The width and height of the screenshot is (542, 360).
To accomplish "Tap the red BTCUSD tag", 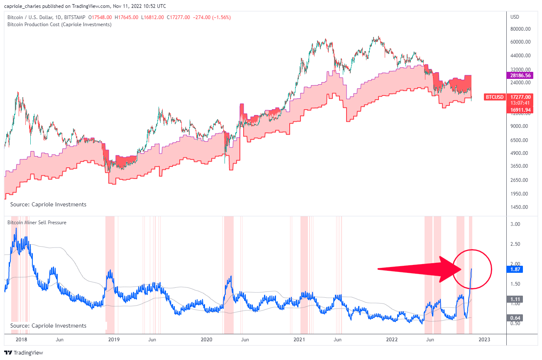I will tap(495, 97).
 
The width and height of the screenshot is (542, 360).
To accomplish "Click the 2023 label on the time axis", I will tap(484, 339).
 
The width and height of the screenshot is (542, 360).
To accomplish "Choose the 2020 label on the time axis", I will tap(206, 339).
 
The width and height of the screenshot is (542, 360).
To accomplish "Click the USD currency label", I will tap(515, 17).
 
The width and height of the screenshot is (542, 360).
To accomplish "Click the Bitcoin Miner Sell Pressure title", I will tap(37, 223).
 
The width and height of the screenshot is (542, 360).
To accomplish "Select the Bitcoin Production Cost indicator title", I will tap(59, 24).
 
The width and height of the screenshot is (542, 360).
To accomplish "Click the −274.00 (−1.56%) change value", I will tap(212, 17).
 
